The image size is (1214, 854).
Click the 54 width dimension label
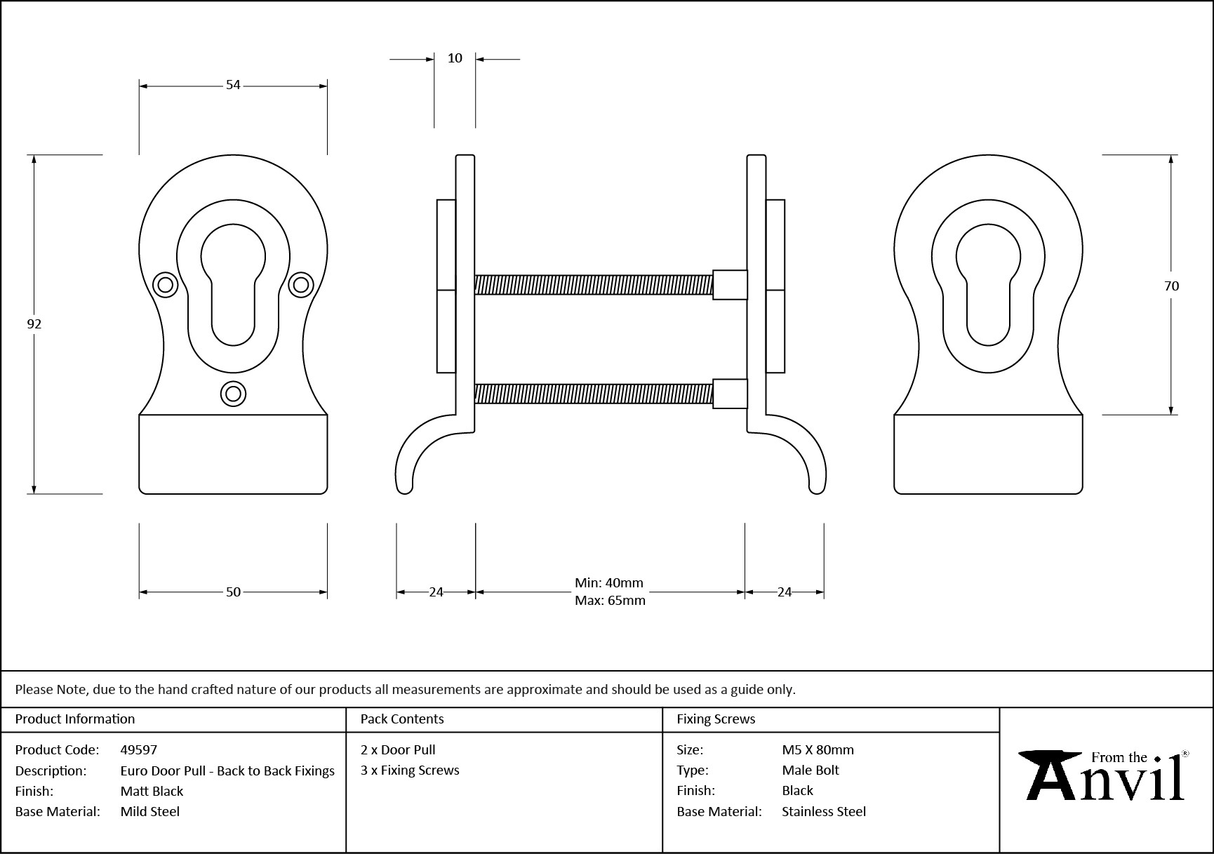coord(233,85)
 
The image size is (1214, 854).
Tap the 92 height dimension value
coord(34,323)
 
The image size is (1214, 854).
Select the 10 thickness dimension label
coord(455,58)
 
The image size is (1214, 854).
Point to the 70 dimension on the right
coord(1171,286)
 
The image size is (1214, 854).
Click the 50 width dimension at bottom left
coord(233,592)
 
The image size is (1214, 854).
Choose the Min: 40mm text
coord(608,583)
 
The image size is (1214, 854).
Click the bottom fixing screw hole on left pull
coord(233,394)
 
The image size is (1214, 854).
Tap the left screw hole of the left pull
coord(166,284)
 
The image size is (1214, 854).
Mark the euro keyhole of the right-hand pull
coord(988,284)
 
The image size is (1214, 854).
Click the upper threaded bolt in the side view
coord(593,284)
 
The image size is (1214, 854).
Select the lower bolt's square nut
coord(730,394)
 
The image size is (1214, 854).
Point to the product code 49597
coord(139,749)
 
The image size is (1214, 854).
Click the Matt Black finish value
coord(152,791)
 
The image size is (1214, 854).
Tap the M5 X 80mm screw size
coord(818,749)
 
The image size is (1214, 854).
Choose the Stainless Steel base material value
coord(824,811)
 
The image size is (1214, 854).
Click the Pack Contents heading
coord(402,719)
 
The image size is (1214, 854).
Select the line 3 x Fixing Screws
coord(410,770)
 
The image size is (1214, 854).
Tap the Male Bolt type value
coord(811,770)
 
